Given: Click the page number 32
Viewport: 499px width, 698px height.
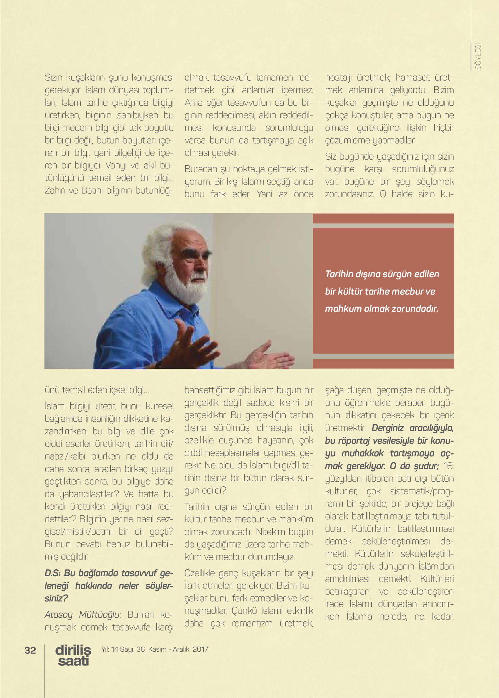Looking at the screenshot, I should (x=30, y=650).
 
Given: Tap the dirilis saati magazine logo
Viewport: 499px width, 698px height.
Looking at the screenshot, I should (x=73, y=655).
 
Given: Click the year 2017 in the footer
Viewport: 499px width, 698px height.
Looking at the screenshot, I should (x=200, y=649).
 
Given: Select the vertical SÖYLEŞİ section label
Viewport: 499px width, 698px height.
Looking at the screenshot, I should (x=478, y=56).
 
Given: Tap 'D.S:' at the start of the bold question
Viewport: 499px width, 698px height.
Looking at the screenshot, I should (x=53, y=573).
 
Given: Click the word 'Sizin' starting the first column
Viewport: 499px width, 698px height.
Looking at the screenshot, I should (x=54, y=78).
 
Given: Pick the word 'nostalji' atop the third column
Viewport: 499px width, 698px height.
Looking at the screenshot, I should (x=338, y=78).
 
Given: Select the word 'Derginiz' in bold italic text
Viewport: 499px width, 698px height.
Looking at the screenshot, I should (x=387, y=428).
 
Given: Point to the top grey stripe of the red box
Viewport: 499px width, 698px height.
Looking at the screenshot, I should (x=383, y=226).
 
